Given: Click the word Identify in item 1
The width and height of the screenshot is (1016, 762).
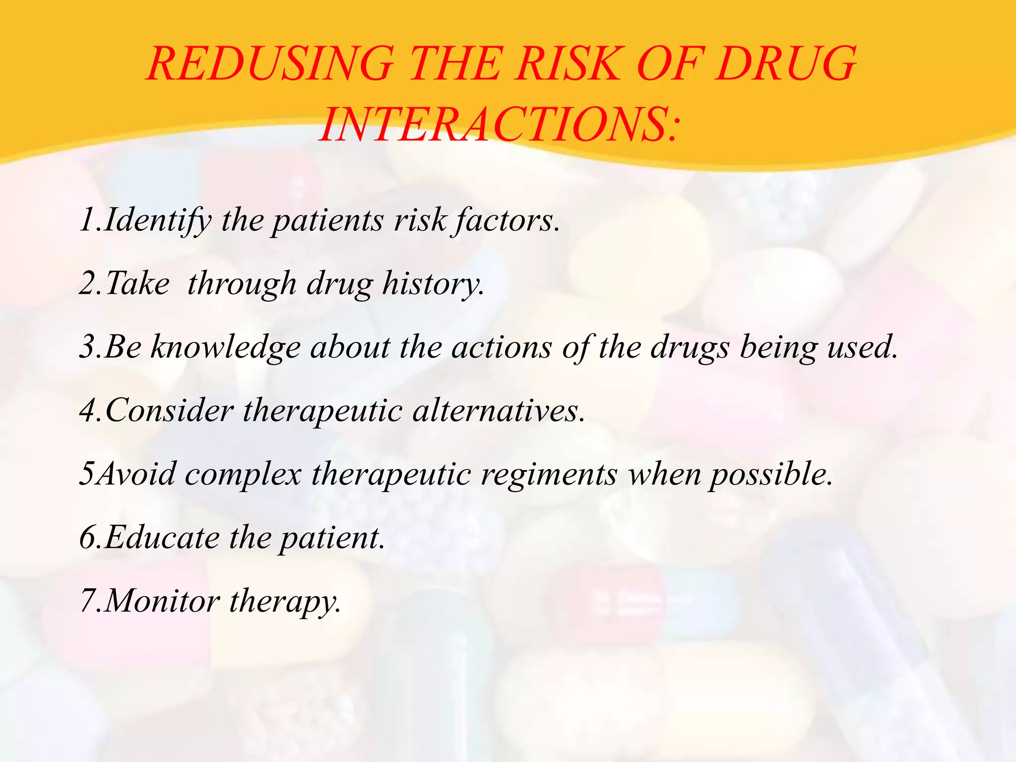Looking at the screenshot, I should tap(158, 220).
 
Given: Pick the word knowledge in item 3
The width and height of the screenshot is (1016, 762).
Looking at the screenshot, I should tap(226, 347).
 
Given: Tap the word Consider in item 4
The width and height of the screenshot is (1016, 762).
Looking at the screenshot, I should tap(169, 411).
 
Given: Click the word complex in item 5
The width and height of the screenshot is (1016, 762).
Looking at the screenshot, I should tap(243, 474).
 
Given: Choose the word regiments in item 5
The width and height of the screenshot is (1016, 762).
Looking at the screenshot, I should tap(548, 474).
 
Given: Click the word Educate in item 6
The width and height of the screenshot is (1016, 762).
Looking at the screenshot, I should tap(162, 538).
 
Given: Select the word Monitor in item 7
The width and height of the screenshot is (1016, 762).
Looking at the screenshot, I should tap(162, 601).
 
